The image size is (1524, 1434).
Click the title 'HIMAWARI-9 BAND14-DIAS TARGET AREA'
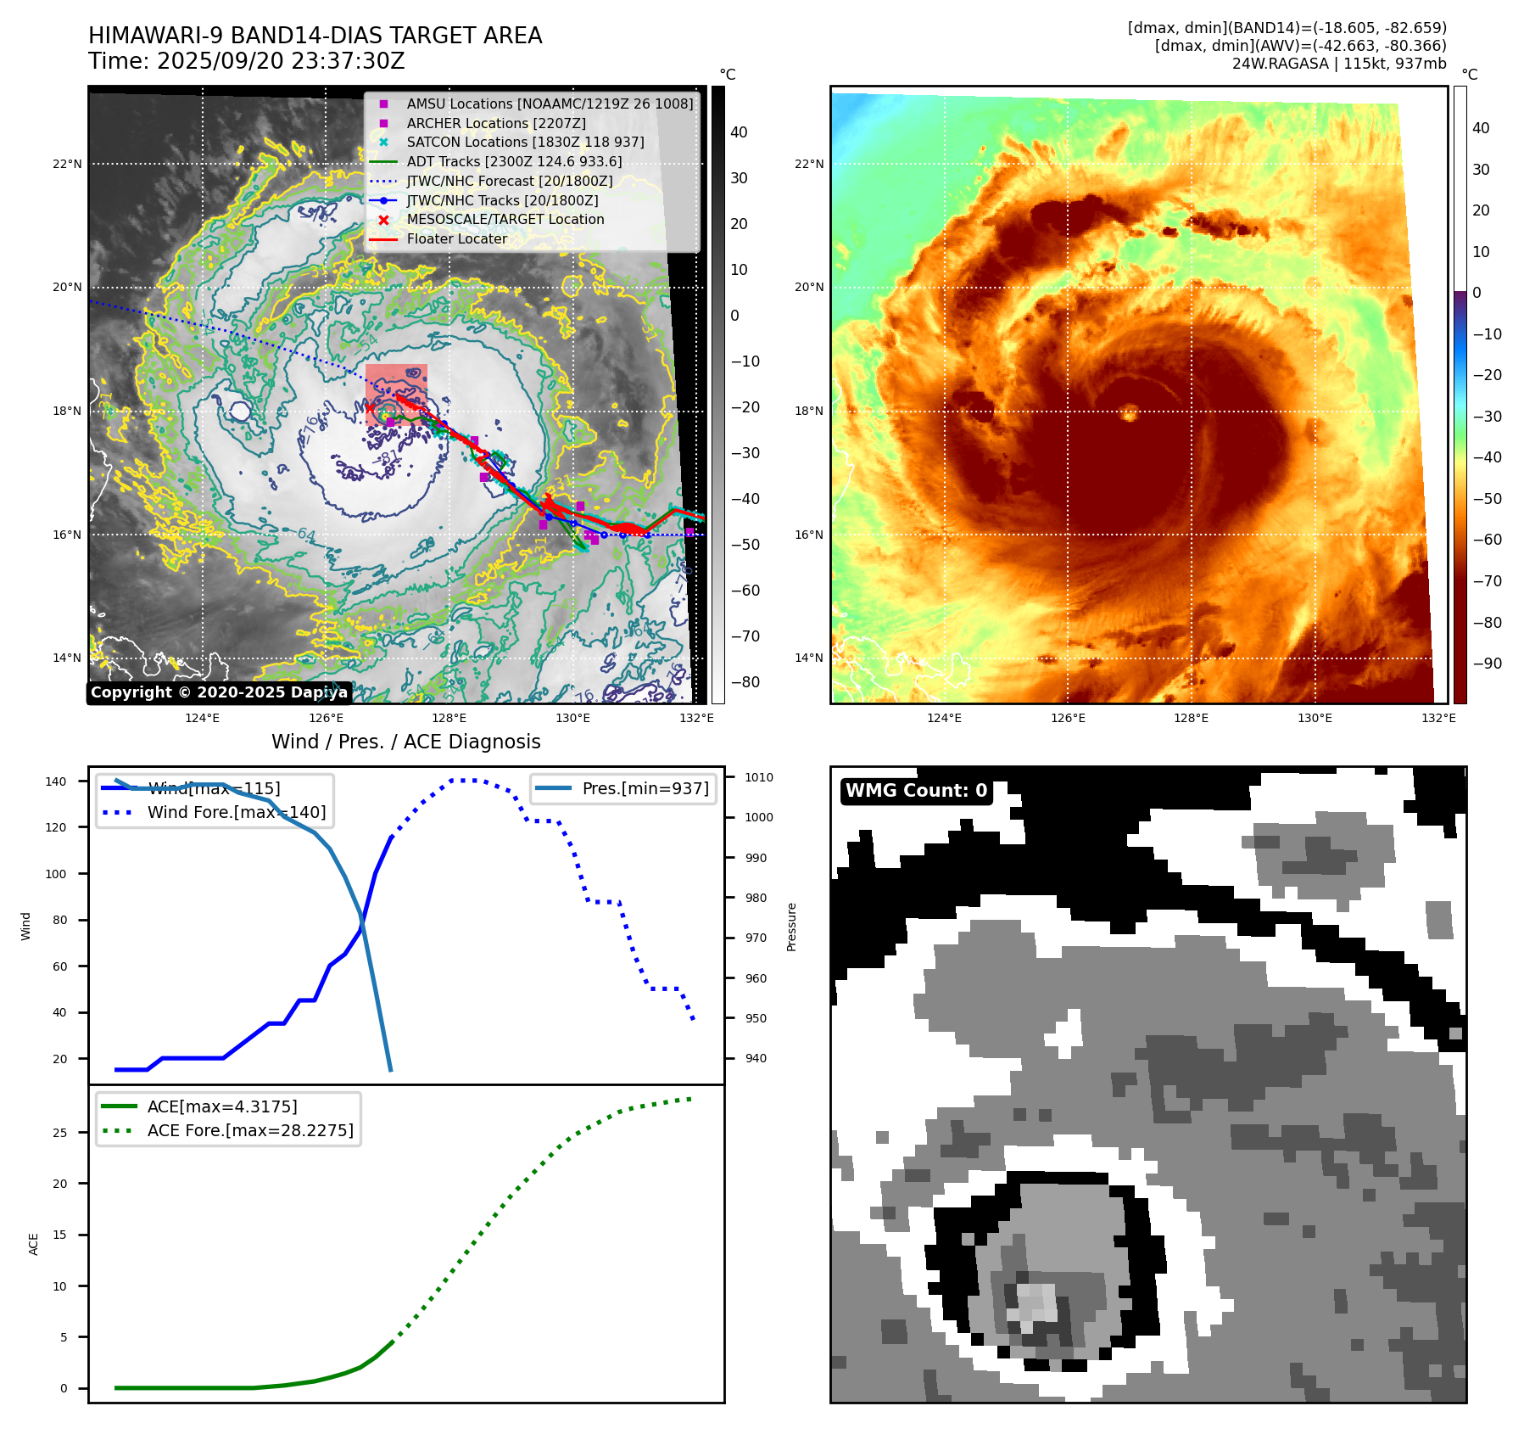click(x=315, y=36)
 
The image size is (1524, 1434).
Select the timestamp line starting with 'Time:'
click(x=246, y=62)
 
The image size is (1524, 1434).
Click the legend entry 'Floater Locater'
click(x=456, y=239)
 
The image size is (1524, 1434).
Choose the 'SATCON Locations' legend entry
click(x=525, y=143)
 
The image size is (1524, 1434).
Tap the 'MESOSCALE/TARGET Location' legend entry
click(x=505, y=220)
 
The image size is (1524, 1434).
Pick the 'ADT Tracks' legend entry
click(x=514, y=162)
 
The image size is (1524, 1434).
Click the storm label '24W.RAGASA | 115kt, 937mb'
click(x=1339, y=64)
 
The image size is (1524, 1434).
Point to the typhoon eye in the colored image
click(x=1130, y=413)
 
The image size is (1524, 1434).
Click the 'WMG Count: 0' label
click(x=916, y=791)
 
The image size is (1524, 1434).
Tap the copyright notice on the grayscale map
click(x=219, y=692)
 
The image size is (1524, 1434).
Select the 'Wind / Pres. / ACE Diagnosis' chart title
click(x=405, y=742)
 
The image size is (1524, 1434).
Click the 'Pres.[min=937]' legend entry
click(x=645, y=789)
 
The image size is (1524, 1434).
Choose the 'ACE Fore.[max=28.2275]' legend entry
click(x=250, y=1131)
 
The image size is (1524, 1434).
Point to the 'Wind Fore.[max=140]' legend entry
click(x=236, y=813)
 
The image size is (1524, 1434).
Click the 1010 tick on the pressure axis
click(x=759, y=777)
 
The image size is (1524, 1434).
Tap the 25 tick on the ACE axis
click(x=59, y=1133)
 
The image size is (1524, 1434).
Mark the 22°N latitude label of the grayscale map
click(x=67, y=164)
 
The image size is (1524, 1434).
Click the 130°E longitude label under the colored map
click(x=1315, y=719)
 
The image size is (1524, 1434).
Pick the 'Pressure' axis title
click(x=791, y=927)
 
